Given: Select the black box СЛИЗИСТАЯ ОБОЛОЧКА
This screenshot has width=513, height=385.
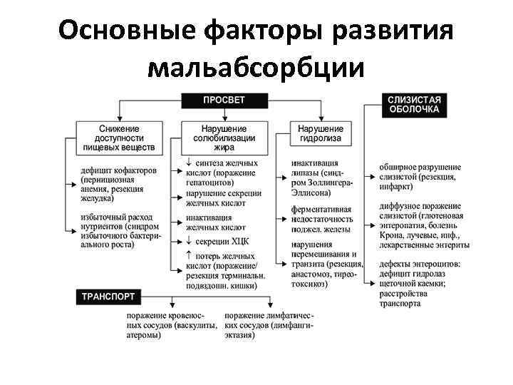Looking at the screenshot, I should (413, 105).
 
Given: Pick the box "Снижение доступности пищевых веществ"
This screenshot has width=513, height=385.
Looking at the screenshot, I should (118, 138).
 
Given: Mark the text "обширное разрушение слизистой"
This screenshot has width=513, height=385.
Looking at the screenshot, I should (420, 171).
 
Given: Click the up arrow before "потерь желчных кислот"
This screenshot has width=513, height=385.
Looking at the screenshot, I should (180, 255).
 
